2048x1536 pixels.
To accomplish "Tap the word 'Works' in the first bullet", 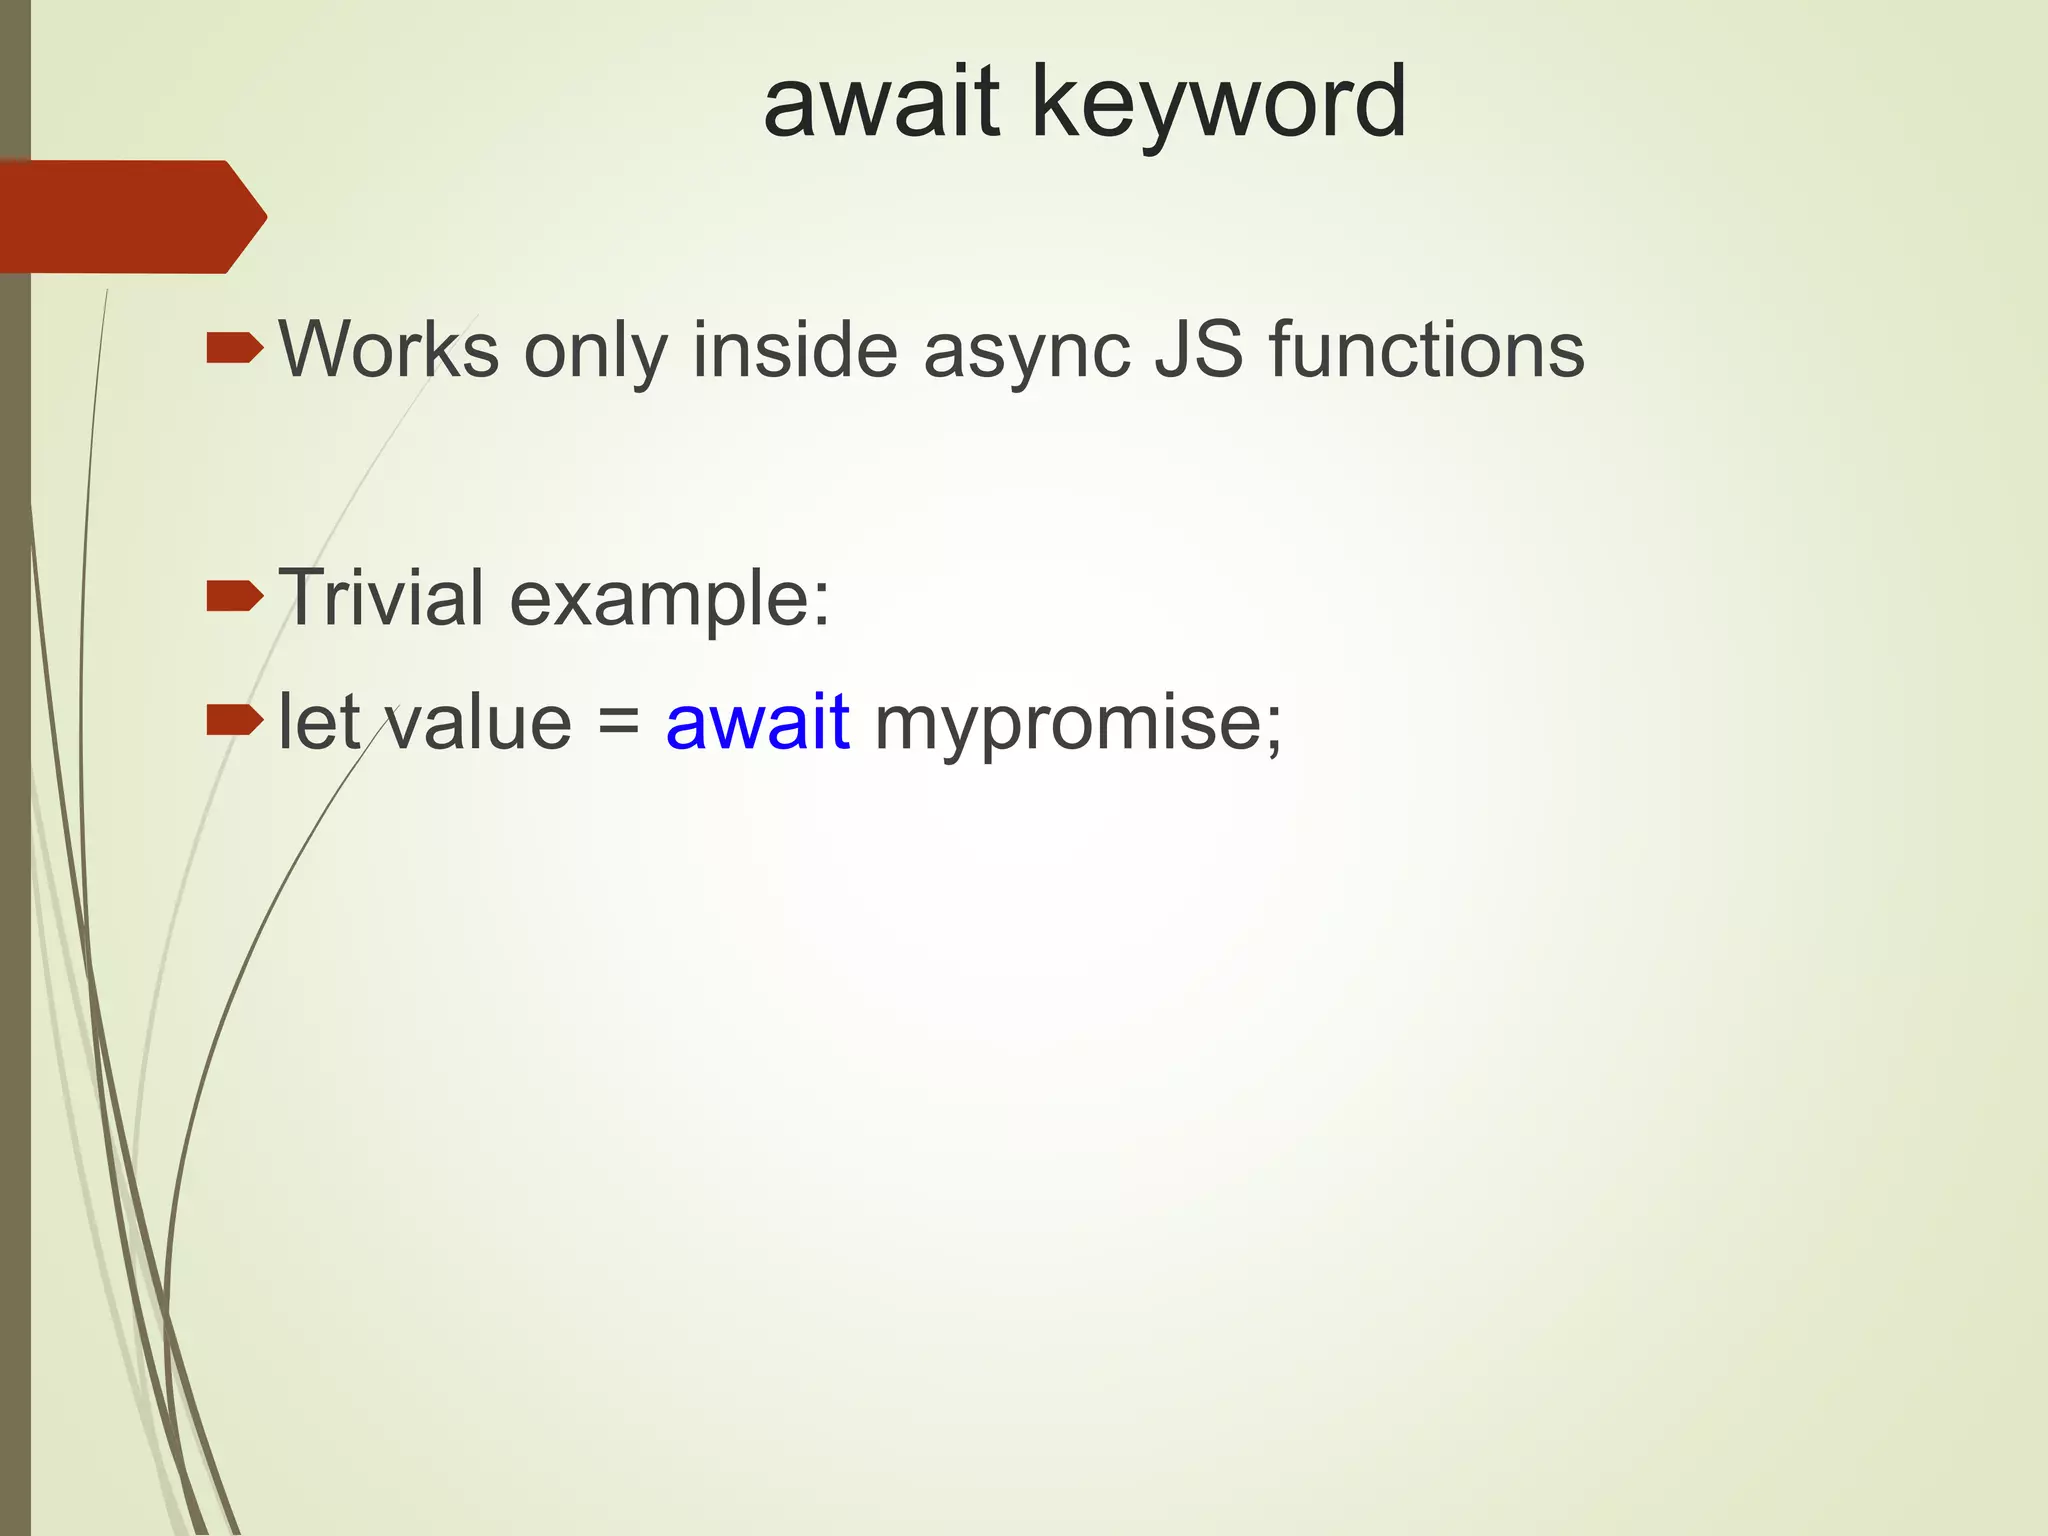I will click(x=389, y=349).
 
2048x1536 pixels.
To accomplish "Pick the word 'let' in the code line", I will click(x=319, y=721).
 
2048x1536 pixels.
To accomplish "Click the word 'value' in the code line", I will click(x=479, y=721).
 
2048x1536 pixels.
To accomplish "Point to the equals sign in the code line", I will click(x=619, y=723).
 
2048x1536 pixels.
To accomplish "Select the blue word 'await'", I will click(x=758, y=721).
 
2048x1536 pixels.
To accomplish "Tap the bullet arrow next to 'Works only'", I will click(x=234, y=349).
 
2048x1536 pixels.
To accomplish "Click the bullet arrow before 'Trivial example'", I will click(x=234, y=597).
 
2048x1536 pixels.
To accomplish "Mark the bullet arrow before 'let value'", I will click(x=234, y=719).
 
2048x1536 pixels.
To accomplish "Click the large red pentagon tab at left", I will click(x=130, y=216).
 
